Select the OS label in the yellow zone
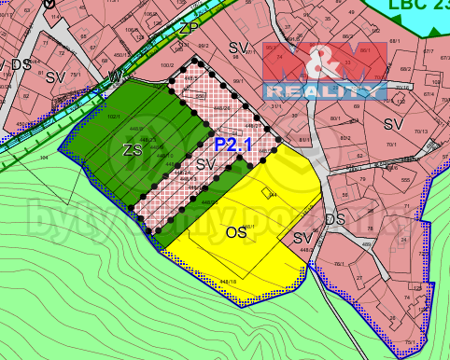pos(235,231)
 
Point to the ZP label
pos(190,28)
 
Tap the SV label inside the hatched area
pos(206,164)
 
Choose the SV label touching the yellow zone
pos(302,239)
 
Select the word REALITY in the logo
pos(324,90)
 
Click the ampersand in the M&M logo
pos(324,63)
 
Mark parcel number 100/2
pos(168,65)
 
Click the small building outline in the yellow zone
pos(269,194)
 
